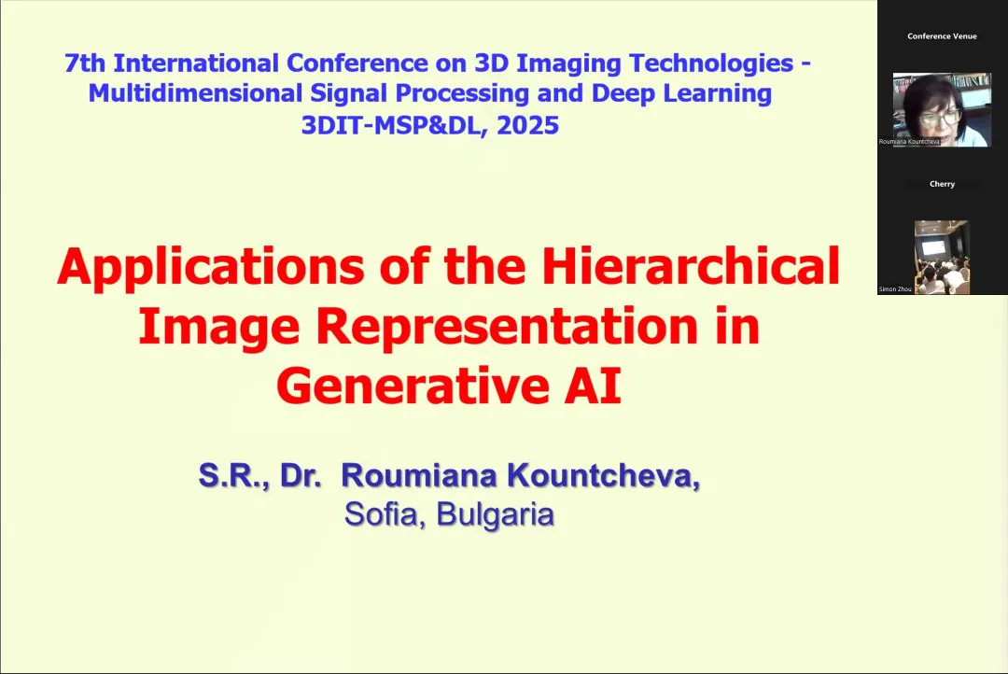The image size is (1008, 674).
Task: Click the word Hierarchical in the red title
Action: pos(691,265)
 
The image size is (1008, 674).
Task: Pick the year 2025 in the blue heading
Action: pos(527,125)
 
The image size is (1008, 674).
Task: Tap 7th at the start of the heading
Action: pos(85,63)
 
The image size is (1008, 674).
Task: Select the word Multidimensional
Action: pos(195,93)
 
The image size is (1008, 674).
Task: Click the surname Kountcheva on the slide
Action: pos(603,475)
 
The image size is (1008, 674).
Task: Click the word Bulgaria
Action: pos(495,514)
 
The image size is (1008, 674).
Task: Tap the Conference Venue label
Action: pos(942,36)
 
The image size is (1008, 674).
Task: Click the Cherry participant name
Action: pos(942,184)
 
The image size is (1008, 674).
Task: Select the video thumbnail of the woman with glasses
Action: pos(942,110)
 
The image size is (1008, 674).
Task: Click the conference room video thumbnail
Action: pos(942,258)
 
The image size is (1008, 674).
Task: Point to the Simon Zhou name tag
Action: pos(895,289)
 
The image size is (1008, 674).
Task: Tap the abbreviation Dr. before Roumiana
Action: pos(301,475)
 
